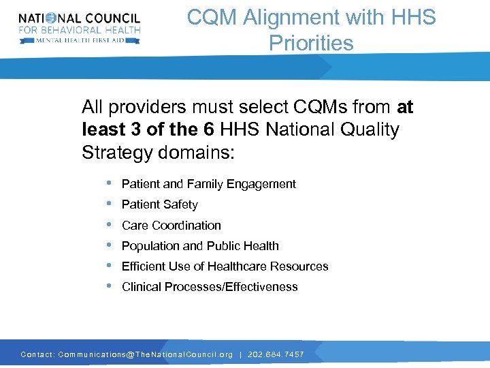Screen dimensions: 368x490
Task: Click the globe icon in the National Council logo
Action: (50, 18)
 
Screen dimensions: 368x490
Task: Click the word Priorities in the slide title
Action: (311, 43)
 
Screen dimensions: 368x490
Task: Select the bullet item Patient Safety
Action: (159, 204)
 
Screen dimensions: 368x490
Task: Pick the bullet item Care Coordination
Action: (171, 225)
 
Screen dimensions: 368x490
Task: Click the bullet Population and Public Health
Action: (200, 245)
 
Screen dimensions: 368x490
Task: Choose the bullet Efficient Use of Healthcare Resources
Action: (225, 266)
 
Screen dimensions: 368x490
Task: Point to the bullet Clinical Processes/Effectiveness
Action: (210, 287)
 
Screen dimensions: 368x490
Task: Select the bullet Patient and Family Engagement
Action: (208, 184)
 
